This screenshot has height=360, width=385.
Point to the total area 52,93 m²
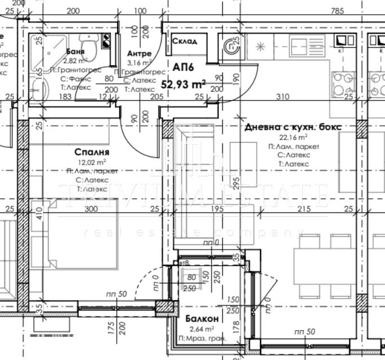tap(183, 85)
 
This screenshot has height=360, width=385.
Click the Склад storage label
tap(184, 42)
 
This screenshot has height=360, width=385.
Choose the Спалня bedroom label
tap(91, 152)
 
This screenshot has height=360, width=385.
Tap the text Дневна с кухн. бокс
tap(293, 127)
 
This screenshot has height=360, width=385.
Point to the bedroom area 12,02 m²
tap(91, 162)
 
